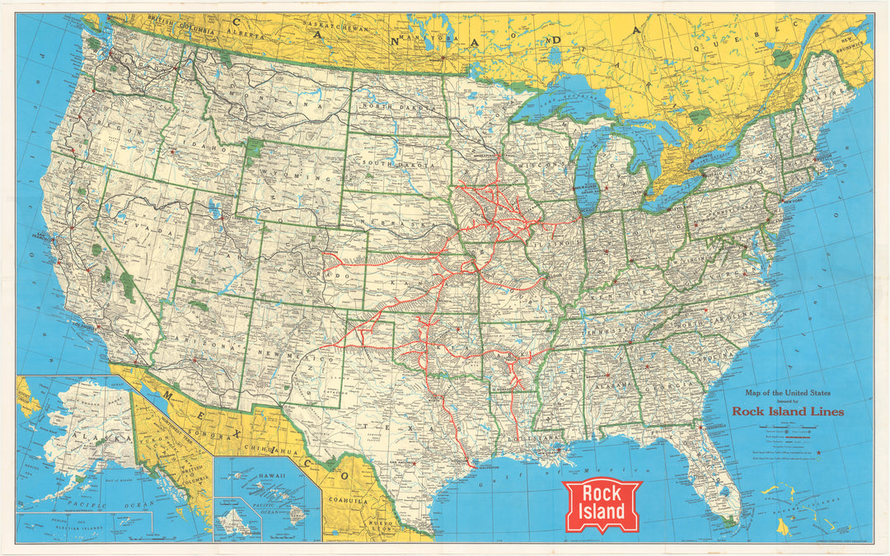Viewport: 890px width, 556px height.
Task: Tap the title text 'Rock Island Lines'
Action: click(x=787, y=411)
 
